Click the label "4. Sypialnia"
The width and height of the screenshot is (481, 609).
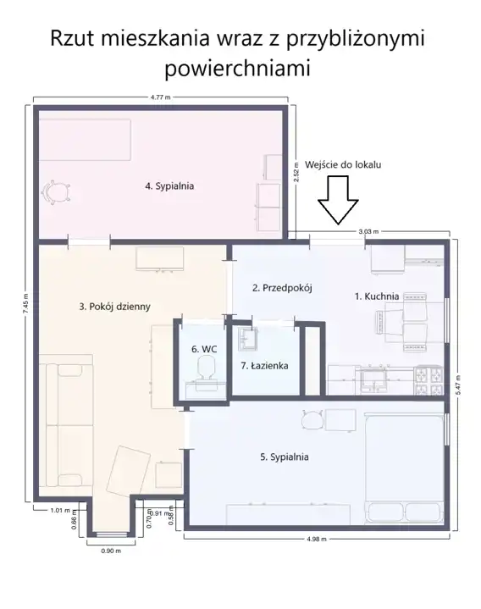pyautogui.click(x=169, y=186)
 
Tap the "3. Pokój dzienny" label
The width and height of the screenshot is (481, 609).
pyautogui.click(x=114, y=307)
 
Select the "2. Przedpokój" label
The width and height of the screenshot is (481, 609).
pyautogui.click(x=282, y=288)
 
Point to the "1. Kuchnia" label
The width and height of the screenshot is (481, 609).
pyautogui.click(x=377, y=296)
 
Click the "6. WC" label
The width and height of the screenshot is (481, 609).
pyautogui.click(x=204, y=349)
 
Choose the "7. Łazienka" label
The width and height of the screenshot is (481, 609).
pyautogui.click(x=264, y=365)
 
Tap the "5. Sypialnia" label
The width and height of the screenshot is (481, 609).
pyautogui.click(x=285, y=457)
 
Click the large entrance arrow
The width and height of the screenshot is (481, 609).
pyautogui.click(x=338, y=200)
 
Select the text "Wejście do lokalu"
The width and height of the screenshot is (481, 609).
pyautogui.click(x=343, y=164)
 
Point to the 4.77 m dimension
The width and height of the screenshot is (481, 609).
pyautogui.click(x=160, y=97)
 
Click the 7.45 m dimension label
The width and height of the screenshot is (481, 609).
pyautogui.click(x=25, y=302)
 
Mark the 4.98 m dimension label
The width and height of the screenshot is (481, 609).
pyautogui.click(x=317, y=539)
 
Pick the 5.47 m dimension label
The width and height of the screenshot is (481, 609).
pyautogui.click(x=458, y=385)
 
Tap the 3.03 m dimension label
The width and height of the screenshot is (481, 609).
pyautogui.click(x=368, y=231)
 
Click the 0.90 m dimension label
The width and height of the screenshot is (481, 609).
pyautogui.click(x=111, y=551)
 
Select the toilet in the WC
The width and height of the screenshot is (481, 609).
pyautogui.click(x=206, y=368)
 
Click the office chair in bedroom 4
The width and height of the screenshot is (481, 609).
pyautogui.click(x=57, y=192)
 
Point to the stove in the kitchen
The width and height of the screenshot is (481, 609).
pyautogui.click(x=428, y=380)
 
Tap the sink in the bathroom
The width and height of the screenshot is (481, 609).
pyautogui.click(x=248, y=338)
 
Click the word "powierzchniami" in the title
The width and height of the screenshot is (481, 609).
pyautogui.click(x=238, y=68)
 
